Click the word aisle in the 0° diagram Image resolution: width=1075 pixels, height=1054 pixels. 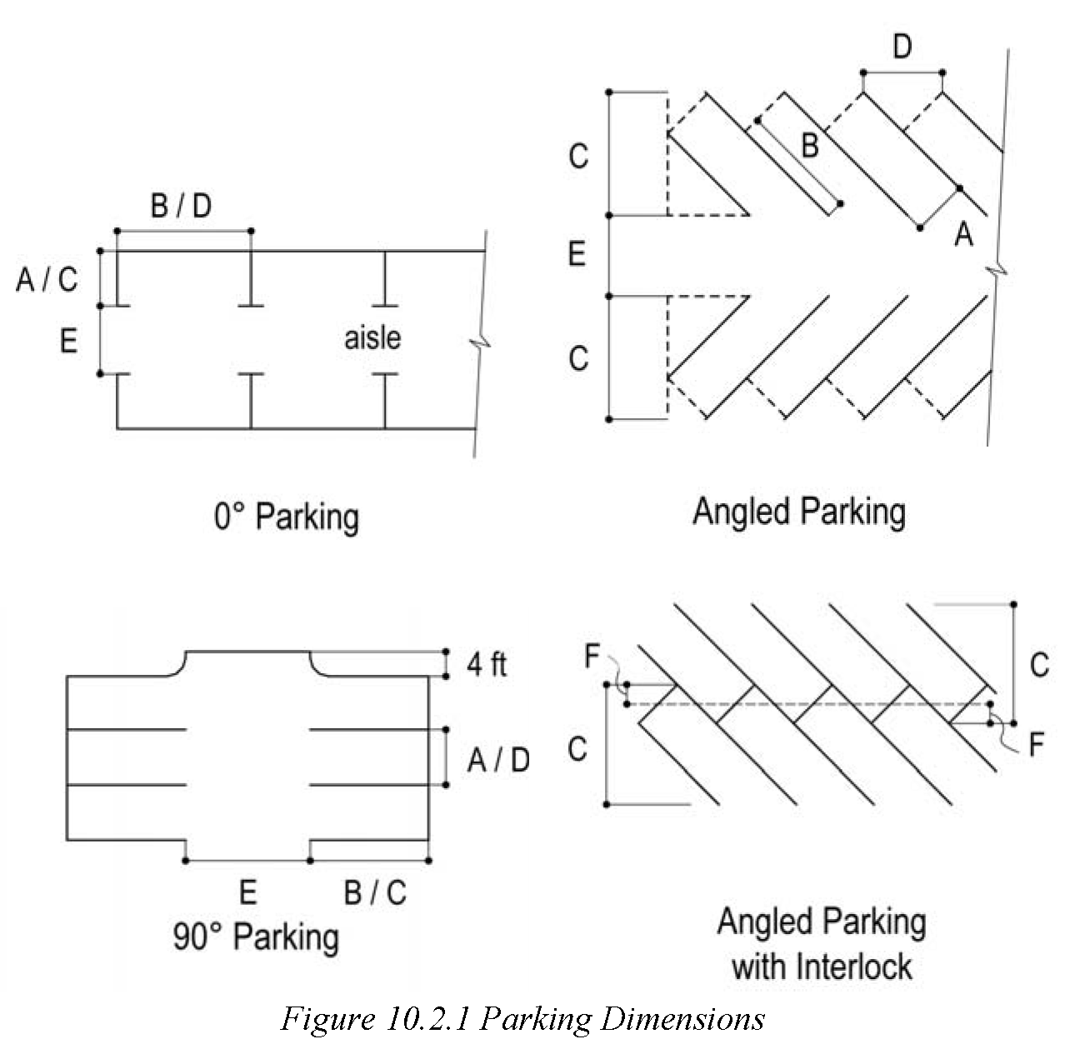[372, 337]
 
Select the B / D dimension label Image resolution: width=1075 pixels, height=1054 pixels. [181, 205]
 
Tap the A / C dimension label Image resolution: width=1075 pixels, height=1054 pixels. [47, 279]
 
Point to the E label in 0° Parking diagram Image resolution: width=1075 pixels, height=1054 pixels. [68, 340]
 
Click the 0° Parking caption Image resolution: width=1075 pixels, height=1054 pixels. [286, 517]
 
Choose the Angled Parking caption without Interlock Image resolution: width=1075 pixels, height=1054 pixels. [798, 511]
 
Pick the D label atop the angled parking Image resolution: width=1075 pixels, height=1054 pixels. [902, 47]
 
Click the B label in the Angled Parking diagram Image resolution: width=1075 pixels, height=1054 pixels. [809, 146]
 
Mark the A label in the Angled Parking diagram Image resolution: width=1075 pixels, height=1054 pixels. [963, 236]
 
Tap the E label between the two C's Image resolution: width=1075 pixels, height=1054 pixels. [577, 254]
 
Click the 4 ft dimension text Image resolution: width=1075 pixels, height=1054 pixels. [487, 665]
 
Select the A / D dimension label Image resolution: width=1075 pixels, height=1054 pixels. [498, 760]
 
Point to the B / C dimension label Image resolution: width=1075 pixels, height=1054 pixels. [375, 892]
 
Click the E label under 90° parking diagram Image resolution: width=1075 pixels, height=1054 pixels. [247, 892]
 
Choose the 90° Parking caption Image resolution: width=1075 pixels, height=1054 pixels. [256, 937]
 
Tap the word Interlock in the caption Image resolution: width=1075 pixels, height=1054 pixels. [854, 967]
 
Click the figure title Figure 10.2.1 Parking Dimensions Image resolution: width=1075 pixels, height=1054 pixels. [522, 1019]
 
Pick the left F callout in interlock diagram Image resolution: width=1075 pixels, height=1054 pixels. [592, 657]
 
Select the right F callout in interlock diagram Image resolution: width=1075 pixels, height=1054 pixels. [1037, 744]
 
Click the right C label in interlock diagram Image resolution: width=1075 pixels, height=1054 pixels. [1038, 665]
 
